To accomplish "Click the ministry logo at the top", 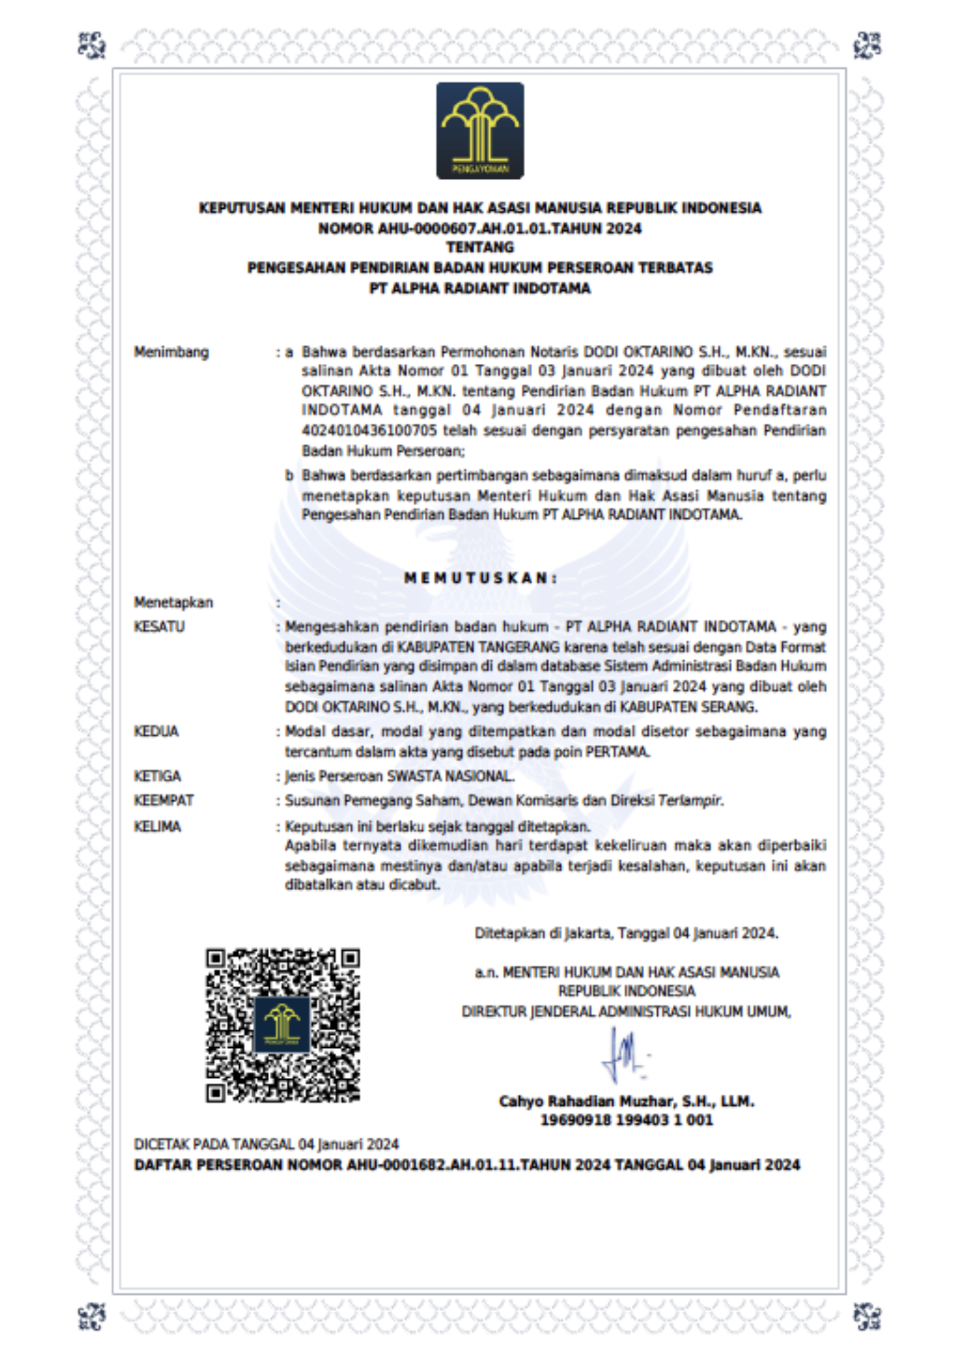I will click(480, 131).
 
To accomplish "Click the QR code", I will click(283, 1025).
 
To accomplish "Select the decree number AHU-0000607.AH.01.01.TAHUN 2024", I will click(480, 228).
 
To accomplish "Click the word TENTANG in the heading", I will click(480, 248).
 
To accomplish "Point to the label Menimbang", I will click(171, 352).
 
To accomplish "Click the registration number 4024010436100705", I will click(370, 431).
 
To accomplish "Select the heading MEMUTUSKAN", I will click(480, 579).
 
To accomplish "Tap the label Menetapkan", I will click(173, 602).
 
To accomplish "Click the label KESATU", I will click(159, 627).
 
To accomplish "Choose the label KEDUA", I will click(156, 732).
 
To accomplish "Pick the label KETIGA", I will click(158, 777).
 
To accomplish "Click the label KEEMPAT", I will click(164, 801).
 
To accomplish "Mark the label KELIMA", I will click(158, 827).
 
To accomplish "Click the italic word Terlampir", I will click(689, 801).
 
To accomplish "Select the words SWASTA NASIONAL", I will click(450, 777).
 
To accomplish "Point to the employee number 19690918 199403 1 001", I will click(627, 1120).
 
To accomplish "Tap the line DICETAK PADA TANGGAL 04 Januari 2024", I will click(266, 1144).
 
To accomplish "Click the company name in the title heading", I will click(480, 288).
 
